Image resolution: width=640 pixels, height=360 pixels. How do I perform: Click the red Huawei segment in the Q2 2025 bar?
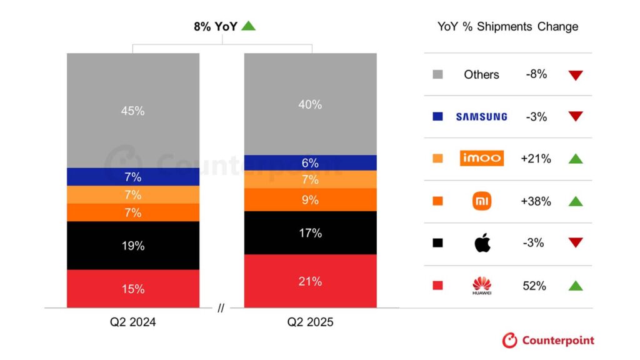point(310,281)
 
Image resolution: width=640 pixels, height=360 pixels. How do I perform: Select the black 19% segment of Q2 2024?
point(133,246)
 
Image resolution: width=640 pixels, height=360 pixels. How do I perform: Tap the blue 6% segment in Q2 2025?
point(310,162)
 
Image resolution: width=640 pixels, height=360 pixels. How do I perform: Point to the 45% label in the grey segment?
point(133,111)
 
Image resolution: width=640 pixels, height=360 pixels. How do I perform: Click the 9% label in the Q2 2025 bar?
point(310,200)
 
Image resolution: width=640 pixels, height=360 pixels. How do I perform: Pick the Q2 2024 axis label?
point(134,322)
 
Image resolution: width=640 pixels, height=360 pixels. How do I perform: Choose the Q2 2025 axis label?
point(311,322)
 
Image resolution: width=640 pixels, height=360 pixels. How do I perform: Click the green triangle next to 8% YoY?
point(249,26)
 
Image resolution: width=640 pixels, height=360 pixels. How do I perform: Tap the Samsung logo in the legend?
point(481,116)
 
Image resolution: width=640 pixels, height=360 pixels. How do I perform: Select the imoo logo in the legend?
point(481,158)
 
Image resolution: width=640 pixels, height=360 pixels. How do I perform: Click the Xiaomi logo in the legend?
point(482,201)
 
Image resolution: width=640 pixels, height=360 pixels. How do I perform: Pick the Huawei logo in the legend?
point(482,286)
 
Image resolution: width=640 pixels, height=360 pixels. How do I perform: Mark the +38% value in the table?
point(536,201)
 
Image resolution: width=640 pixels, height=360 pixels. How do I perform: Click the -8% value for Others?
point(536,74)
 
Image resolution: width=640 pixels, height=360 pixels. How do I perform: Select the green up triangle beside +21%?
point(576,159)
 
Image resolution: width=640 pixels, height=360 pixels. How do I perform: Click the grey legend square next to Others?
point(437,74)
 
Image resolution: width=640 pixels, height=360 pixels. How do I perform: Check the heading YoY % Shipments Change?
point(507,26)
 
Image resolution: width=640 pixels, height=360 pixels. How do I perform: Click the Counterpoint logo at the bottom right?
point(548,341)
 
